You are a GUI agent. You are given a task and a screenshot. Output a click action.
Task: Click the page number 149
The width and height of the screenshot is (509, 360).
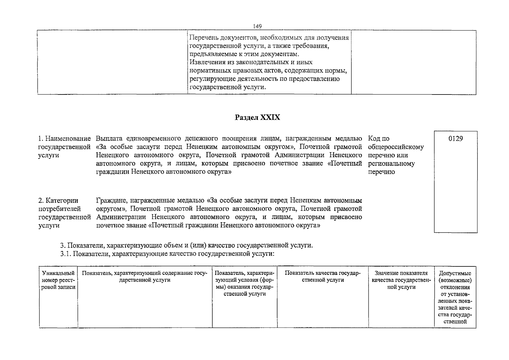[257, 26]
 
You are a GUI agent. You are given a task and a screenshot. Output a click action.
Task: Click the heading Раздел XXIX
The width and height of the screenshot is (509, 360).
[257, 117]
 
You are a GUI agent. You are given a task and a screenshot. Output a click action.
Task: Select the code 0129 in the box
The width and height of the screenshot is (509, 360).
[455, 139]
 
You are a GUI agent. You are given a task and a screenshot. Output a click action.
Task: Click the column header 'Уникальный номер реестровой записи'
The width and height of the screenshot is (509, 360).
[58, 280]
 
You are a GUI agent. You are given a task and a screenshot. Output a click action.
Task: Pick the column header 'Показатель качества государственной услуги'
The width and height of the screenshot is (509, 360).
[323, 276]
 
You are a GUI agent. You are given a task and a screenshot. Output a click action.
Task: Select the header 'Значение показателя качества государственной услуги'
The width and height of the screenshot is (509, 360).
[401, 280]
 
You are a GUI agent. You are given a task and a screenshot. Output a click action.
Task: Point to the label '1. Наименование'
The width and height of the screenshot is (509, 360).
[64, 139]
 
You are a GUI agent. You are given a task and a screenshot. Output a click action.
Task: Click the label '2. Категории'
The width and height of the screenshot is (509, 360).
[58, 200]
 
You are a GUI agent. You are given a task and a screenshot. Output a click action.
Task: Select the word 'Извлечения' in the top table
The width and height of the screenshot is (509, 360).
[205, 62]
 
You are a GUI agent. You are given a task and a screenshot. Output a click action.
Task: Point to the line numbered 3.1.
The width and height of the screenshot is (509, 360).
[167, 254]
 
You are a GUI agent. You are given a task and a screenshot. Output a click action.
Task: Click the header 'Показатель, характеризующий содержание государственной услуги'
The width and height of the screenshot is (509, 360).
[144, 276]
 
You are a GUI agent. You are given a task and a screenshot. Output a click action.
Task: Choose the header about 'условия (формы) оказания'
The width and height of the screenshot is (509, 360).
[245, 283]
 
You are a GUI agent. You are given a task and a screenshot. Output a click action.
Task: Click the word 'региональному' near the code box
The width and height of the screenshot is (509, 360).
[391, 163]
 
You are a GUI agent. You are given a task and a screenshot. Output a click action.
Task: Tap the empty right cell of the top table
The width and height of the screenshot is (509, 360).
[414, 62]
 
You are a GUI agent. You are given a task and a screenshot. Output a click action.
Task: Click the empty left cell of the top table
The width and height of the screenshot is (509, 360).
[112, 62]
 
